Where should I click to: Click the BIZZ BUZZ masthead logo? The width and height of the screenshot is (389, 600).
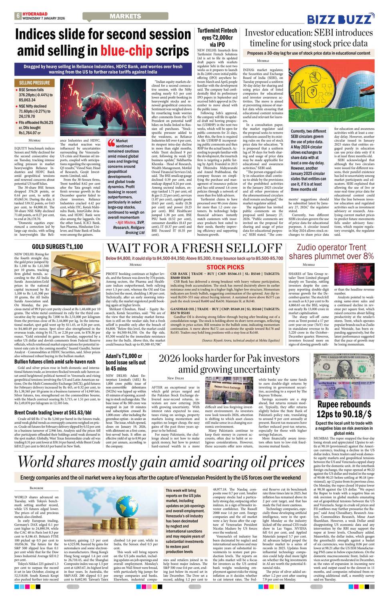[340, 19]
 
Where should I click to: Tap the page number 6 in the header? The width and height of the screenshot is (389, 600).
[18, 16]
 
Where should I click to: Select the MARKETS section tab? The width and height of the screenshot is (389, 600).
[125, 16]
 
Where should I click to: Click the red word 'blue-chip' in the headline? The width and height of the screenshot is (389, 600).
[126, 51]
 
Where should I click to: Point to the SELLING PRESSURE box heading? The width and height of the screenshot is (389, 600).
[34, 83]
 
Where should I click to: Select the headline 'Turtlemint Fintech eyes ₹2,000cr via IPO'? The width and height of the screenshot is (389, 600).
[217, 38]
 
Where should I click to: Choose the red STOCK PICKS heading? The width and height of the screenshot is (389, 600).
[225, 267]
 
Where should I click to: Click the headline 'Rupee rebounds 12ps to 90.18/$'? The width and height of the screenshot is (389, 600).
[344, 408]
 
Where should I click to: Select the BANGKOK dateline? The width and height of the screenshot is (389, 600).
[36, 488]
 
